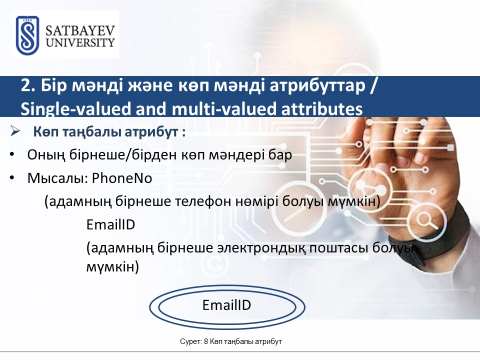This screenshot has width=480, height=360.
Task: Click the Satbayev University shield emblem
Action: click(27, 35)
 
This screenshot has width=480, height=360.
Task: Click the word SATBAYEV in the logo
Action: click(80, 31)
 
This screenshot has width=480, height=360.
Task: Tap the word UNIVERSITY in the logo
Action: click(80, 42)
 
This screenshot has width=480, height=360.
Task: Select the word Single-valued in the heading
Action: click(75, 109)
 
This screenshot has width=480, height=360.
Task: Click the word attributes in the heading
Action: click(321, 109)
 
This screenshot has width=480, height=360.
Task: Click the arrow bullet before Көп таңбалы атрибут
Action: click(14, 131)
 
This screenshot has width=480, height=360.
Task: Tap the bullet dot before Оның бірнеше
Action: click(12, 154)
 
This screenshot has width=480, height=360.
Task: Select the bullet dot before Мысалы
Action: click(12, 177)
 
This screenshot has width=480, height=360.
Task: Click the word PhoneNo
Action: click(122, 178)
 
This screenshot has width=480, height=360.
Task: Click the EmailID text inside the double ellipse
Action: click(226, 305)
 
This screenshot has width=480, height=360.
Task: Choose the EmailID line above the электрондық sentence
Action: click(110, 224)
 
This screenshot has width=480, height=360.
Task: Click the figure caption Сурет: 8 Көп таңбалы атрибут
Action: click(231, 341)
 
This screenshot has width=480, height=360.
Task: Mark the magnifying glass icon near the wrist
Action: click(427, 220)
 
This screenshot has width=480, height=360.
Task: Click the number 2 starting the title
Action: click(25, 86)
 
